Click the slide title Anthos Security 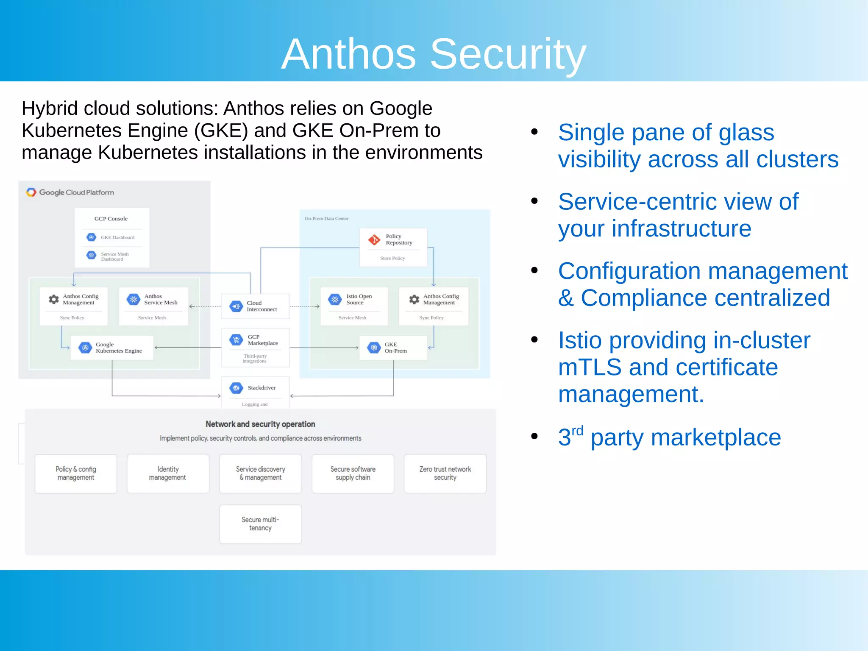(434, 54)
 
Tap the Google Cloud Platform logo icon (31, 192)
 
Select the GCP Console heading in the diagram (111, 219)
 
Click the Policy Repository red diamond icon (374, 240)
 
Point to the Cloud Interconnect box (255, 306)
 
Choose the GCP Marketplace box (255, 347)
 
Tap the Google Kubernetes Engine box (112, 348)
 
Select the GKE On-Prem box (393, 348)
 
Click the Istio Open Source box (354, 306)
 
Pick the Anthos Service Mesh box (153, 306)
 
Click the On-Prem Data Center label (326, 219)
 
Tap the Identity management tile (168, 473)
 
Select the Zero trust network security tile (445, 473)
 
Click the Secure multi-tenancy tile (260, 524)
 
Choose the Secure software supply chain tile (353, 473)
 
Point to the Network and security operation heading (260, 424)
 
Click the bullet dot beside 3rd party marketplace (534, 436)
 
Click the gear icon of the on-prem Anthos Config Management (414, 300)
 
